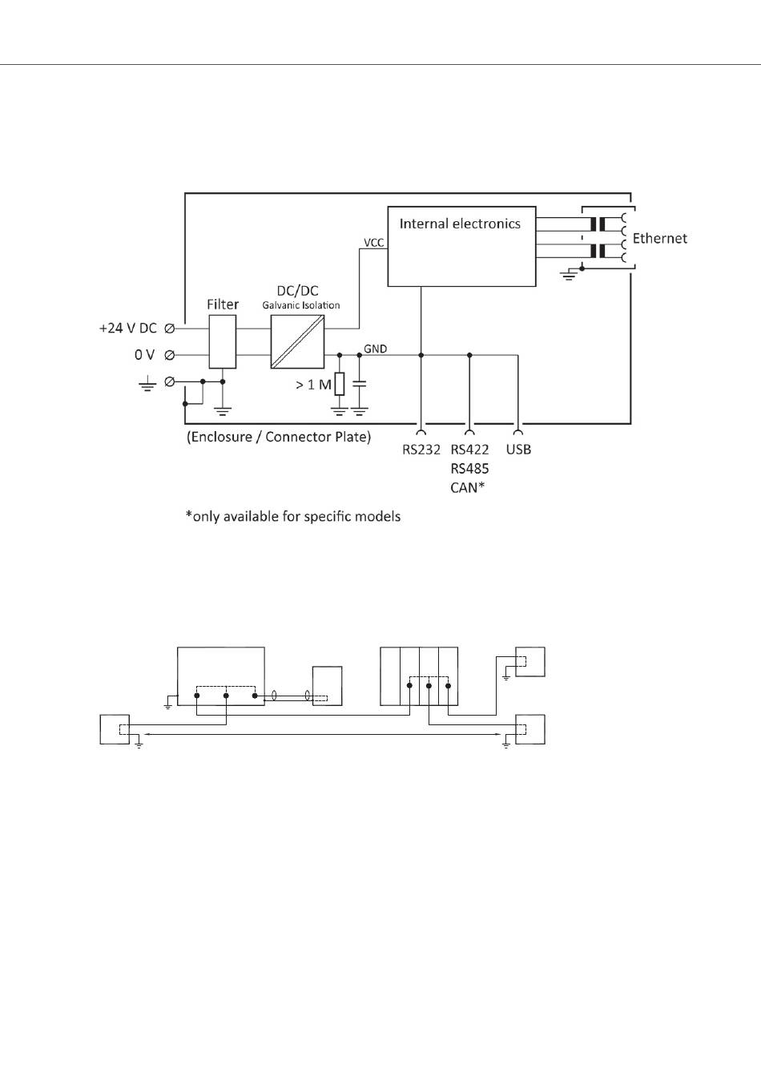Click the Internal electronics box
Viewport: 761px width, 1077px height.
pyautogui.click(x=461, y=246)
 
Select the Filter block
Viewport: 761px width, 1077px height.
pyautogui.click(x=223, y=341)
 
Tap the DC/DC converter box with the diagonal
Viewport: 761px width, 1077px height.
pyautogui.click(x=298, y=341)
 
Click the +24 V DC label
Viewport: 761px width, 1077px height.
pyautogui.click(x=128, y=329)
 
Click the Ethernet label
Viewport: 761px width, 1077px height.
pyautogui.click(x=659, y=238)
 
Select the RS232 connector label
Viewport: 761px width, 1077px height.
pyautogui.click(x=421, y=450)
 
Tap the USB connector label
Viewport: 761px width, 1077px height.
pyautogui.click(x=518, y=450)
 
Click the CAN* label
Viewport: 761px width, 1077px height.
pyautogui.click(x=468, y=486)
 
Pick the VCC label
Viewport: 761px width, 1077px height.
pyautogui.click(x=374, y=242)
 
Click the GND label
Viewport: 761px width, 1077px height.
pyautogui.click(x=376, y=349)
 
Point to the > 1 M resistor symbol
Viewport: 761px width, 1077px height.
pyautogui.click(x=340, y=384)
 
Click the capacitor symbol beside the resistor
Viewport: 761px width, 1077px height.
pyautogui.click(x=360, y=385)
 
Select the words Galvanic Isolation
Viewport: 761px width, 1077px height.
pyautogui.click(x=301, y=305)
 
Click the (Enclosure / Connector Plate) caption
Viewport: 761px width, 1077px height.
pyautogui.click(x=279, y=438)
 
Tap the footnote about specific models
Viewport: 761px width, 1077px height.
pyautogui.click(x=293, y=516)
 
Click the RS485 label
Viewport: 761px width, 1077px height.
pyautogui.click(x=469, y=468)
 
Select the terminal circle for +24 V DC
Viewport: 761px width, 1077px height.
pyautogui.click(x=170, y=329)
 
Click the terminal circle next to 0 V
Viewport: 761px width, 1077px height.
pyautogui.click(x=170, y=355)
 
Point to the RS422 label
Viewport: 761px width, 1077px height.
pyautogui.click(x=469, y=450)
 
